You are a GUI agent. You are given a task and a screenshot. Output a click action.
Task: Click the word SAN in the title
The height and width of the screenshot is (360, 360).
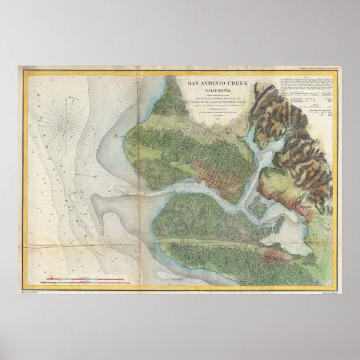pyautogui.click(x=194, y=84)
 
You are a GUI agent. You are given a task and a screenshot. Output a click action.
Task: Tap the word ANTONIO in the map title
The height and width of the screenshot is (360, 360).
pyautogui.click(x=217, y=84)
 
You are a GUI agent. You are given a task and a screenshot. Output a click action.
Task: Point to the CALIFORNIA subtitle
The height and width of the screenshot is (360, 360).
pyautogui.click(x=219, y=91)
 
